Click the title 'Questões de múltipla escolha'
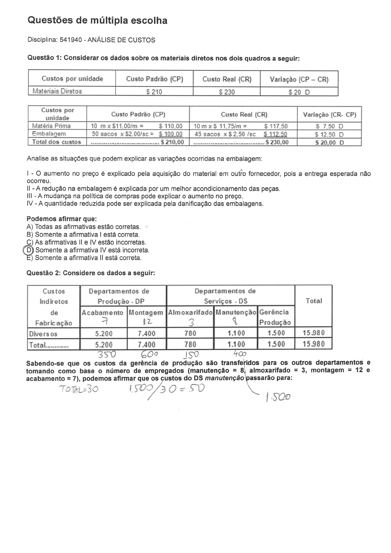(98, 21)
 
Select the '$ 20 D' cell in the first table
(299, 92)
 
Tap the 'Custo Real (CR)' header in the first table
(227, 79)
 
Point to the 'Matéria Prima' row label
(51, 126)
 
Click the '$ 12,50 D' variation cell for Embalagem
(329, 134)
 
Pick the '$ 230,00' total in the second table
(277, 142)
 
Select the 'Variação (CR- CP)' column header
(330, 115)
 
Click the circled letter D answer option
(29, 250)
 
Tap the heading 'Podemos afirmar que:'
(61, 219)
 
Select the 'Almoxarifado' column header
(190, 312)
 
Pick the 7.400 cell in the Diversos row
(147, 334)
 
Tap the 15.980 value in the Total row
(313, 344)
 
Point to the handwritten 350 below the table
(105, 355)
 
